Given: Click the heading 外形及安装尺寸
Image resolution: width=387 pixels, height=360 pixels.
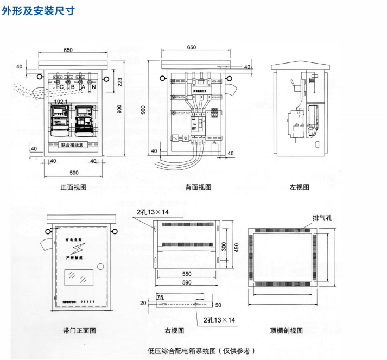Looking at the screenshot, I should coord(37,10).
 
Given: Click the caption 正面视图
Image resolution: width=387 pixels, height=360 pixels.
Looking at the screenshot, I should coord(74,187).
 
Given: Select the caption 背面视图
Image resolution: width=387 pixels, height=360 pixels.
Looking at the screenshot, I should coord(198,187).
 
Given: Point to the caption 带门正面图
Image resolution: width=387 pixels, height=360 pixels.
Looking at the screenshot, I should coord(79,330).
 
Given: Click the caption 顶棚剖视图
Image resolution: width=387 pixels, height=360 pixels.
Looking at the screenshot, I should coord(287,330).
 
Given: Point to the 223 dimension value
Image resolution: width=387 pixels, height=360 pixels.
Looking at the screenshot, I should coord(120,81).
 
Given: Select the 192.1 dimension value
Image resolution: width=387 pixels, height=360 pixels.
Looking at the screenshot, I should coord(61,102).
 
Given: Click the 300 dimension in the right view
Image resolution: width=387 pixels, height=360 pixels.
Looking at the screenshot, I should coord(224,248).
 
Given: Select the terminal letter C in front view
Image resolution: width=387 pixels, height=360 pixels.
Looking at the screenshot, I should coord(61,87).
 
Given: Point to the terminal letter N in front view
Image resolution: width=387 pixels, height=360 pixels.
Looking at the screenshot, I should coord(93,87).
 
